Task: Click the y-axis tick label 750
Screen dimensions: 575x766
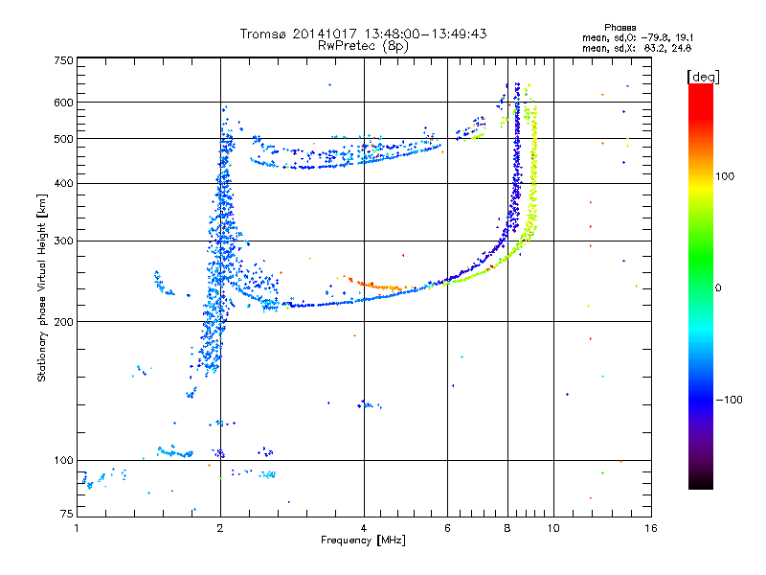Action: (x=62, y=60)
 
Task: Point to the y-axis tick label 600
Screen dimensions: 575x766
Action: (x=62, y=103)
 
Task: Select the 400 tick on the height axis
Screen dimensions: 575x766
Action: (x=62, y=183)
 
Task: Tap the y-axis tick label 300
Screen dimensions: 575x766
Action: (x=62, y=241)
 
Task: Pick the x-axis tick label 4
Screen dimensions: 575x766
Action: (x=364, y=528)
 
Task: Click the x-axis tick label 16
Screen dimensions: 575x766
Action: (x=650, y=528)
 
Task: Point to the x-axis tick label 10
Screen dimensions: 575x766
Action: (x=552, y=528)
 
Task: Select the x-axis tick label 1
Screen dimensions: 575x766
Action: (x=77, y=528)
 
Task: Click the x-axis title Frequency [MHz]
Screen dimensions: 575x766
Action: (x=363, y=540)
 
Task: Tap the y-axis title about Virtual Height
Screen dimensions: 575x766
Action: (x=42, y=287)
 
